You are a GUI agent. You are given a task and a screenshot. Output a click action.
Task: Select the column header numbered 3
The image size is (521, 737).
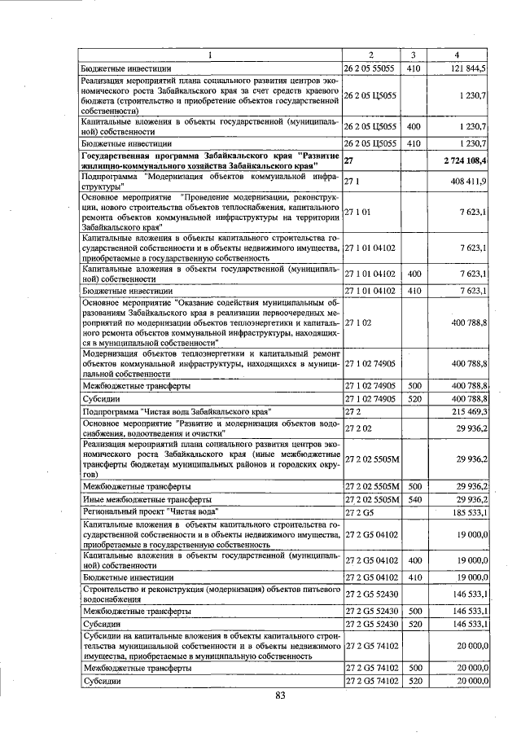pos(413,55)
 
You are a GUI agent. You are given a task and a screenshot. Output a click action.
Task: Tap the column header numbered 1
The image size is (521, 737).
pos(211,55)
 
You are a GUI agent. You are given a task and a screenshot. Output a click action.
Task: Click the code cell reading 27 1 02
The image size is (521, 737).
pos(358,322)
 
